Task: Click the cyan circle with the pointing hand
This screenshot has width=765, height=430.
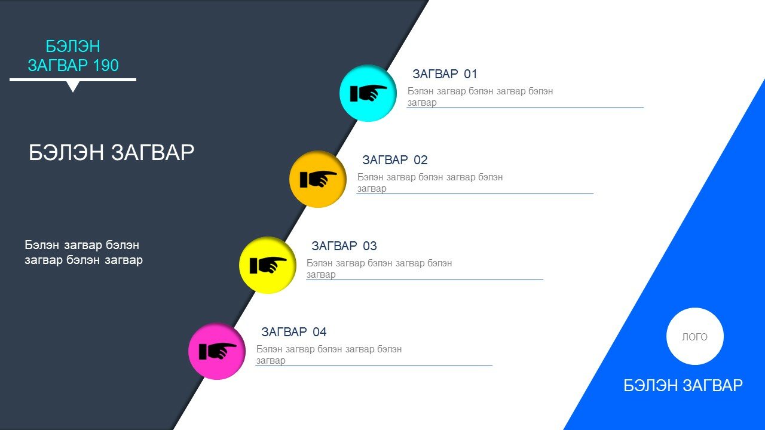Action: (368, 93)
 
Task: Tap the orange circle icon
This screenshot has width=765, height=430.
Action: (318, 179)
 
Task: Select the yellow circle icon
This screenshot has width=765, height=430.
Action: (268, 265)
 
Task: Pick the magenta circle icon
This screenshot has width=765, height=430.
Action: (217, 351)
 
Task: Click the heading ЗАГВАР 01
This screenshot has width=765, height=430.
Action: (445, 74)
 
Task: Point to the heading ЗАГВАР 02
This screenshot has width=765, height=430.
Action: (395, 160)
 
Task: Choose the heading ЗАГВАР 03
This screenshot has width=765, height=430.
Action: (344, 246)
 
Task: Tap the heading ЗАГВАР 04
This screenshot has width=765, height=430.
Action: (293, 332)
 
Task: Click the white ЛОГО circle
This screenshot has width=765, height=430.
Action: (695, 336)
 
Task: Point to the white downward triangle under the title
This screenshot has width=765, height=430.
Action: (73, 87)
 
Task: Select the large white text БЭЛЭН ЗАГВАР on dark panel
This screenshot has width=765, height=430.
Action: (111, 152)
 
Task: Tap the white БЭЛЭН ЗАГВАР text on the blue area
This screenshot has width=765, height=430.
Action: (683, 386)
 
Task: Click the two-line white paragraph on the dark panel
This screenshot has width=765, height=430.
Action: (84, 253)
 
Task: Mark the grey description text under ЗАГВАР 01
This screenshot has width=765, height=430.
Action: (480, 97)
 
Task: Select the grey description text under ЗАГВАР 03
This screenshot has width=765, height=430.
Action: (379, 269)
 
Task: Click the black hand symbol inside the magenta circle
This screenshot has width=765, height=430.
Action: (218, 351)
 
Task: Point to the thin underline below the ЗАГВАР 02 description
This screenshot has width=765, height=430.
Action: (475, 193)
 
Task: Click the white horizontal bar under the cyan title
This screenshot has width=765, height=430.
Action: (73, 80)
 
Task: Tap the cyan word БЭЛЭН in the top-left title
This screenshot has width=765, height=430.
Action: (73, 47)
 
